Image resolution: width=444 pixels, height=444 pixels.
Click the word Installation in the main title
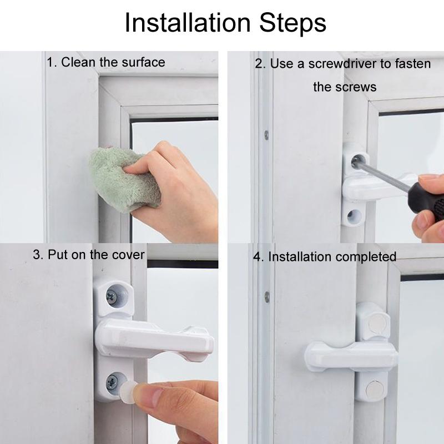[x=187, y=23]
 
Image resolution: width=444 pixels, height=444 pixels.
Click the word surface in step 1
[x=143, y=62]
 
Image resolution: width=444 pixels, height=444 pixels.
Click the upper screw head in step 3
[x=115, y=297]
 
